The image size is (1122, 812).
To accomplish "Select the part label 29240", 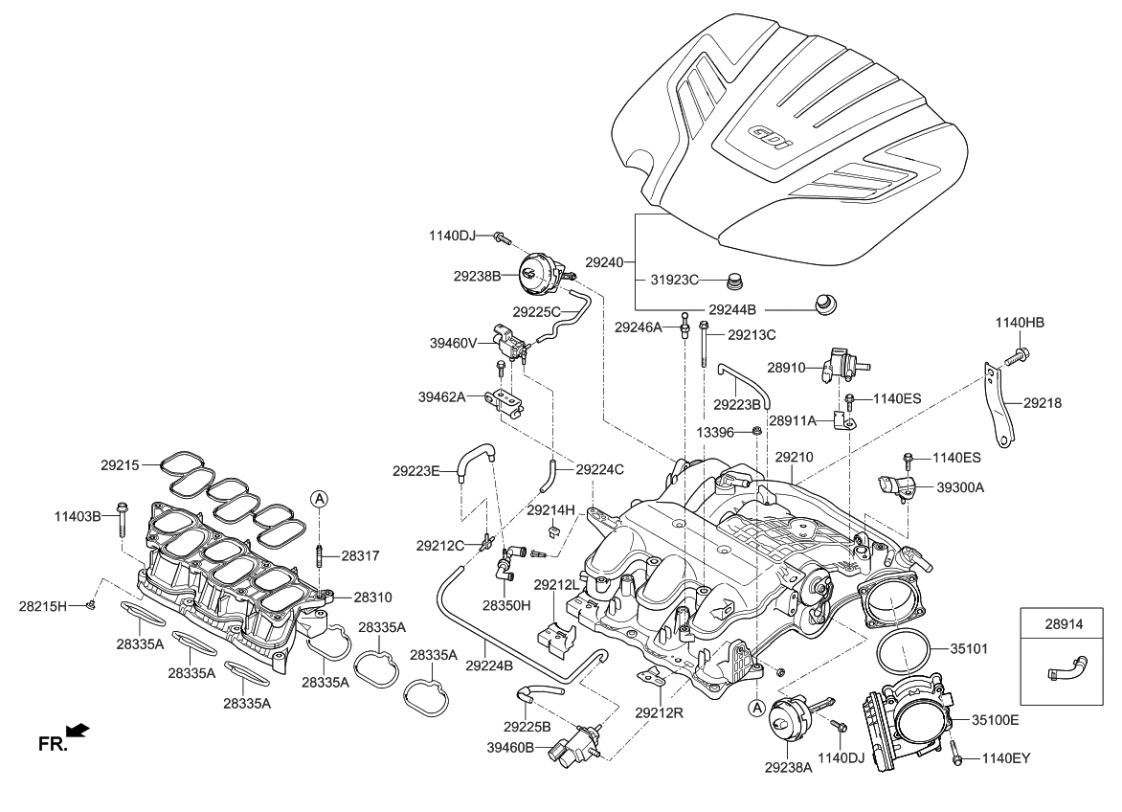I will point(604,260).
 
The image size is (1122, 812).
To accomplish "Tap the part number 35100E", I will point(995,718).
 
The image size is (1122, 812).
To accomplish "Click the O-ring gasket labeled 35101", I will point(902,653).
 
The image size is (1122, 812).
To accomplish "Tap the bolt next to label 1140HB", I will point(1015,356).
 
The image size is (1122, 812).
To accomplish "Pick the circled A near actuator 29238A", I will point(756,708).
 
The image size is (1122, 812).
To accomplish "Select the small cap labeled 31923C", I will point(736,282).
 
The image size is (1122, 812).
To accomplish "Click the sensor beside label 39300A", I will point(896,485).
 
